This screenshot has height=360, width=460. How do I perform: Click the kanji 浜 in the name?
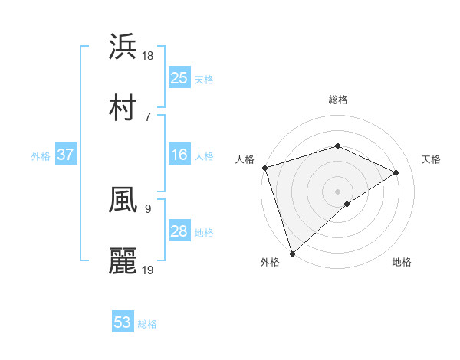[x=123, y=47]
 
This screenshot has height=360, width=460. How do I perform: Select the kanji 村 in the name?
[x=123, y=106]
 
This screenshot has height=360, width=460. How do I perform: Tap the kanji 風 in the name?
[x=123, y=200]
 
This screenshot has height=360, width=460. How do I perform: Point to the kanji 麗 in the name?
[x=123, y=261]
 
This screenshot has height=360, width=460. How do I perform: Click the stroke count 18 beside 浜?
[x=149, y=56]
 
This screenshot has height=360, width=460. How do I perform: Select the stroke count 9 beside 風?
[x=147, y=208]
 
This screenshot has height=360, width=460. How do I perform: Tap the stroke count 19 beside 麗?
[x=149, y=270]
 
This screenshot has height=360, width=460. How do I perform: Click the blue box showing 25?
[x=179, y=77]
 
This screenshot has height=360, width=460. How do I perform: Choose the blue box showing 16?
[x=179, y=155]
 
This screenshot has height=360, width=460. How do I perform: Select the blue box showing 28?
[x=179, y=231]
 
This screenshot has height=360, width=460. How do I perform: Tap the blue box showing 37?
[x=66, y=155]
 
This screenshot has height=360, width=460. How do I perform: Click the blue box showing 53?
[x=123, y=322]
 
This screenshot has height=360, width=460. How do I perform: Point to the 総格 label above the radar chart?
[x=338, y=100]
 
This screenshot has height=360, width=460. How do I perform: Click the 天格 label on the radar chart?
[x=432, y=159]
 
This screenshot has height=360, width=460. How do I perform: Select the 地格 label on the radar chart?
[x=402, y=262]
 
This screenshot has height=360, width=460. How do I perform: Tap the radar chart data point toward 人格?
[x=264, y=168]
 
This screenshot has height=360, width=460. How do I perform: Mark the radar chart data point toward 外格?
[x=292, y=253]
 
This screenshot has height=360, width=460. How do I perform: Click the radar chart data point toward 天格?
[x=396, y=172]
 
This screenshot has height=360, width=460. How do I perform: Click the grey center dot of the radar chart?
[x=338, y=191]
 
